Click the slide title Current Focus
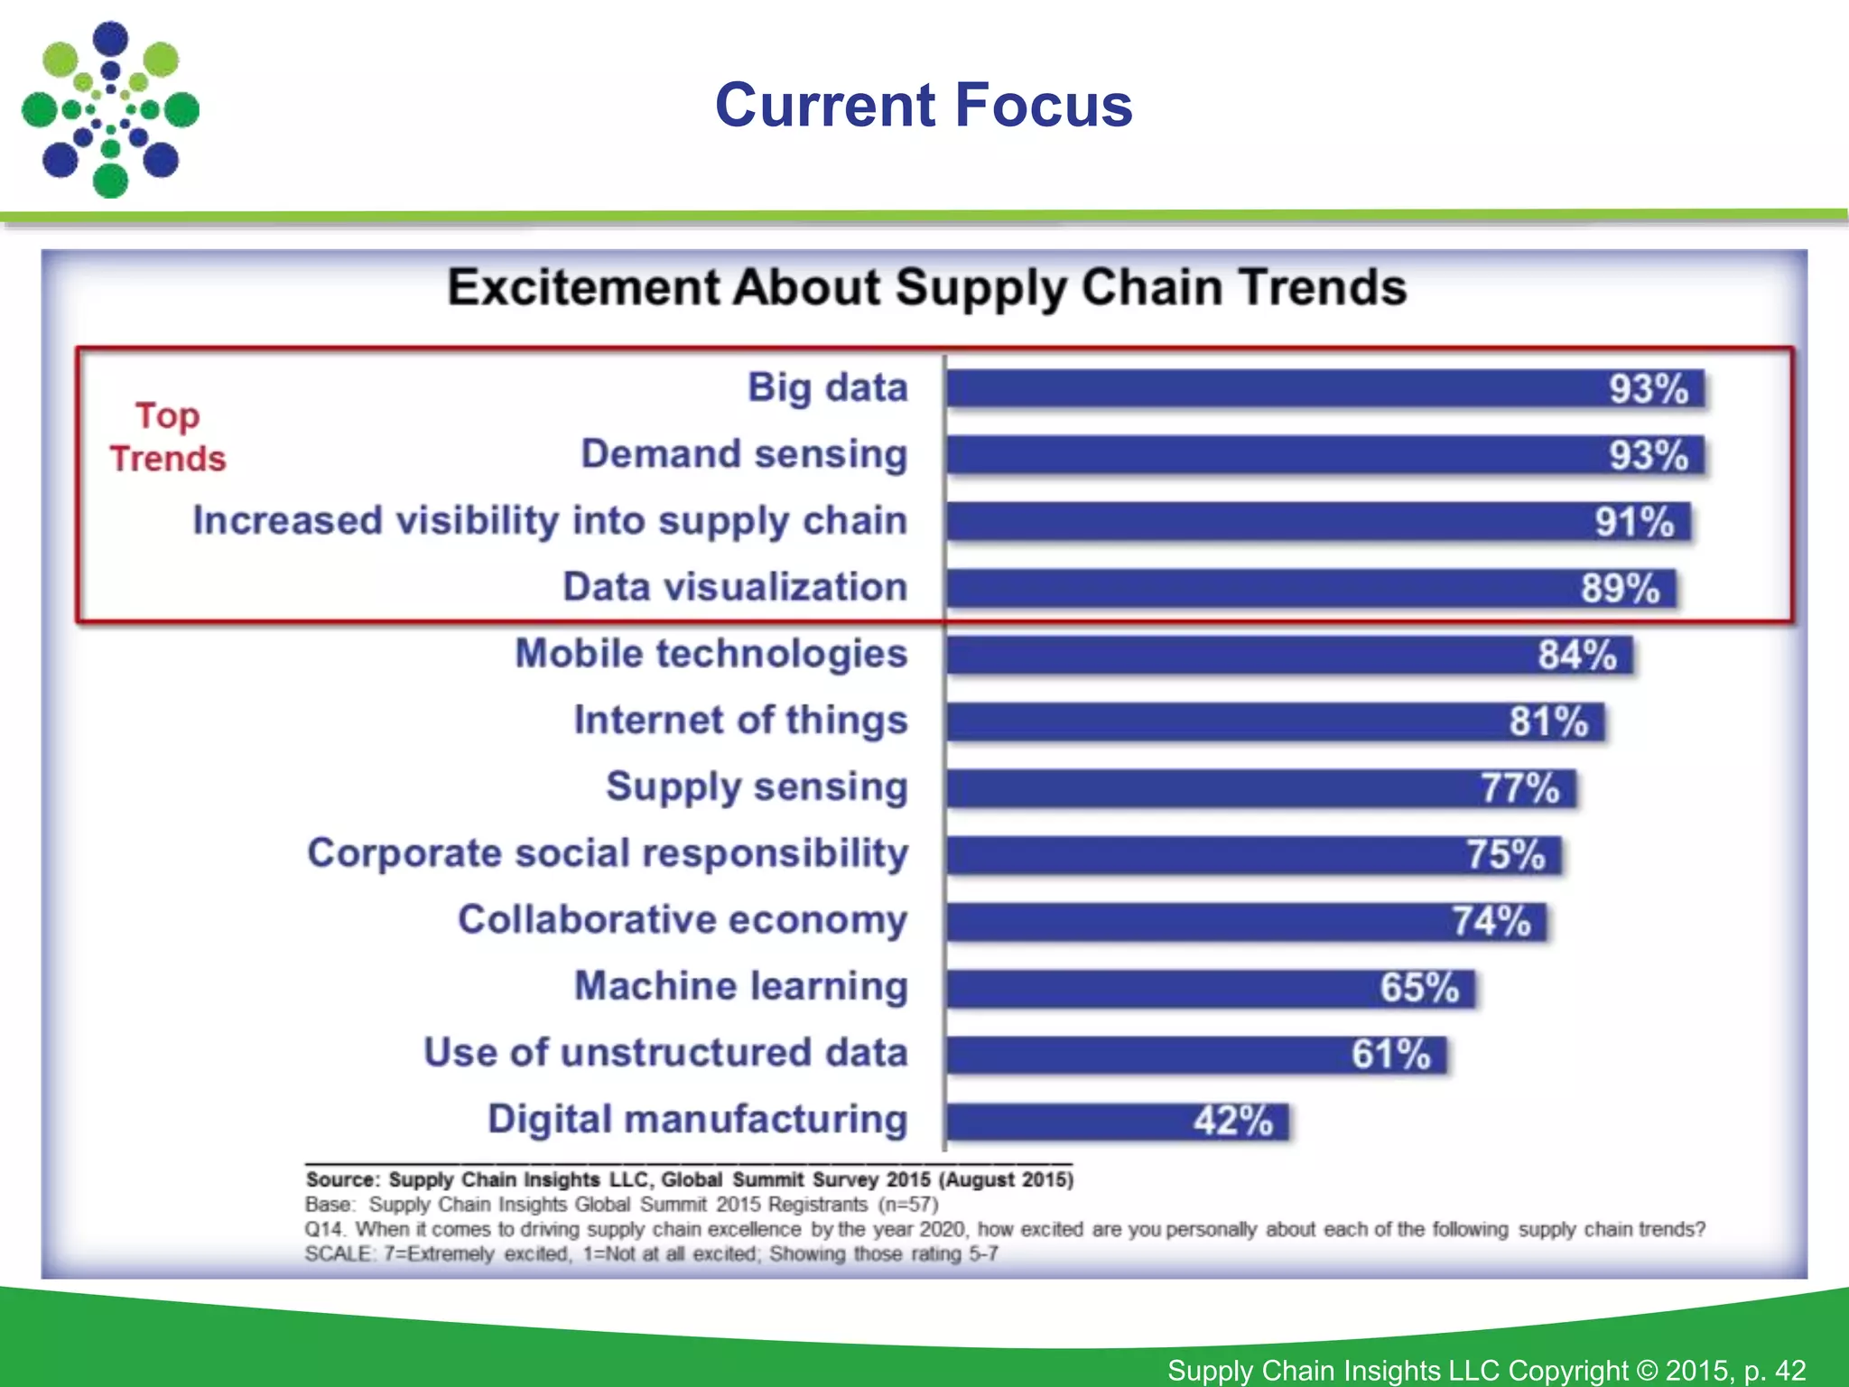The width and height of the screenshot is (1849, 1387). (924, 106)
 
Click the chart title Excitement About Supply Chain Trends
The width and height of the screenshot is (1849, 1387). (926, 288)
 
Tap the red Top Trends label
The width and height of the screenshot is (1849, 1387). (168, 437)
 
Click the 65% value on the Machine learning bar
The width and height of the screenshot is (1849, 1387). (1419, 988)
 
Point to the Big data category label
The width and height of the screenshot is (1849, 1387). (827, 388)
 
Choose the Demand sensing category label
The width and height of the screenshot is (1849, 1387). (744, 454)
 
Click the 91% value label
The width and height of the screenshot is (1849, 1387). (1634, 522)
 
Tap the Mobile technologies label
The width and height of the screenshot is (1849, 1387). (711, 654)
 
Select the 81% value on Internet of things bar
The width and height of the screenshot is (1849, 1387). (1548, 721)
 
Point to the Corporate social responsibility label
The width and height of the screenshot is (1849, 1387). (608, 853)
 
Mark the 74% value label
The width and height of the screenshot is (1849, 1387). (1491, 922)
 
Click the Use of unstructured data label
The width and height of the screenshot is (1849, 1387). (665, 1053)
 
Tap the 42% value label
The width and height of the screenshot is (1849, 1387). (1232, 1122)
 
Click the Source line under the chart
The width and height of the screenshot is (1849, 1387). (689, 1179)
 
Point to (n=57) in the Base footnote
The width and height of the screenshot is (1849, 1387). (908, 1205)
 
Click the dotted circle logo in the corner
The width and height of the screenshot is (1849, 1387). (110, 110)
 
